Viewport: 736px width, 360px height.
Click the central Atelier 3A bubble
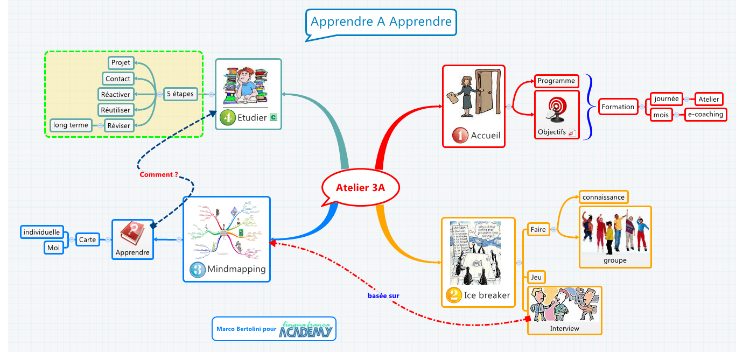click(361, 188)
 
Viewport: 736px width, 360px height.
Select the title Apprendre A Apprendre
click(381, 22)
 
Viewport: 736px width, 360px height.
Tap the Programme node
click(556, 81)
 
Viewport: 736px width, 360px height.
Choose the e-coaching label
click(705, 115)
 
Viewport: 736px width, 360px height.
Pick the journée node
click(667, 99)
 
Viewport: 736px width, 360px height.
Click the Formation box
click(618, 107)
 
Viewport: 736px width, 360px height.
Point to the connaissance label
click(604, 197)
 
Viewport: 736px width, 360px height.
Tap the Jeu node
click(536, 277)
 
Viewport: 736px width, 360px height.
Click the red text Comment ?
click(159, 174)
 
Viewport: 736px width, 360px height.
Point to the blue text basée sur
click(383, 295)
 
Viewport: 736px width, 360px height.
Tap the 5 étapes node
click(180, 94)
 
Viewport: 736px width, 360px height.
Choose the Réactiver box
click(115, 94)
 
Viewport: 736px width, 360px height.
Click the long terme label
click(71, 125)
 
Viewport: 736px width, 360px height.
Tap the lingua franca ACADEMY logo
click(305, 329)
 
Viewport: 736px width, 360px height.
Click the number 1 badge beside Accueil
click(460, 136)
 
